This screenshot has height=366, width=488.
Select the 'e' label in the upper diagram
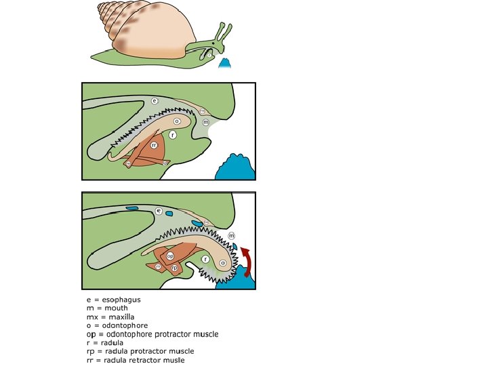(x=155, y=101)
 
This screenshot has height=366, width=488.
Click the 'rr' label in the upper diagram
(x=154, y=144)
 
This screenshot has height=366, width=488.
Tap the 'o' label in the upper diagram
(x=177, y=121)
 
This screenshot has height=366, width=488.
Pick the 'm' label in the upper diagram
(x=206, y=122)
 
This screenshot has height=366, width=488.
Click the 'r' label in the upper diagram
(x=173, y=135)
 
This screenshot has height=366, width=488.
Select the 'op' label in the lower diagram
(x=171, y=256)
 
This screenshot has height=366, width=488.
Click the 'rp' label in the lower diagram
(x=175, y=268)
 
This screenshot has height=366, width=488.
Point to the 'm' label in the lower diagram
(x=231, y=235)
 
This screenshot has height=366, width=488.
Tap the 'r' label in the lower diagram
(x=205, y=258)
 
